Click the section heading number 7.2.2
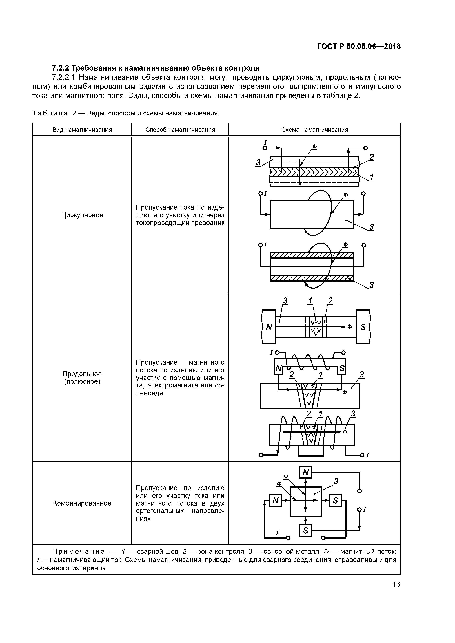pyautogui.click(x=61, y=68)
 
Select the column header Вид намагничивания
pyautogui.click(x=82, y=130)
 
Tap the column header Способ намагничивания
pyautogui.click(x=180, y=130)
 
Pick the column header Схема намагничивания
pyautogui.click(x=314, y=130)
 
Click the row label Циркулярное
pyautogui.click(x=82, y=215)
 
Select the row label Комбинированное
pyautogui.click(x=82, y=503)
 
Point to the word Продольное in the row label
pyautogui.click(x=82, y=374)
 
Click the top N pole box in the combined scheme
pyautogui.click(x=306, y=473)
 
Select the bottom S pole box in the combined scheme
pyautogui.click(x=306, y=530)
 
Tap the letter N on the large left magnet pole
pyautogui.click(x=269, y=327)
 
